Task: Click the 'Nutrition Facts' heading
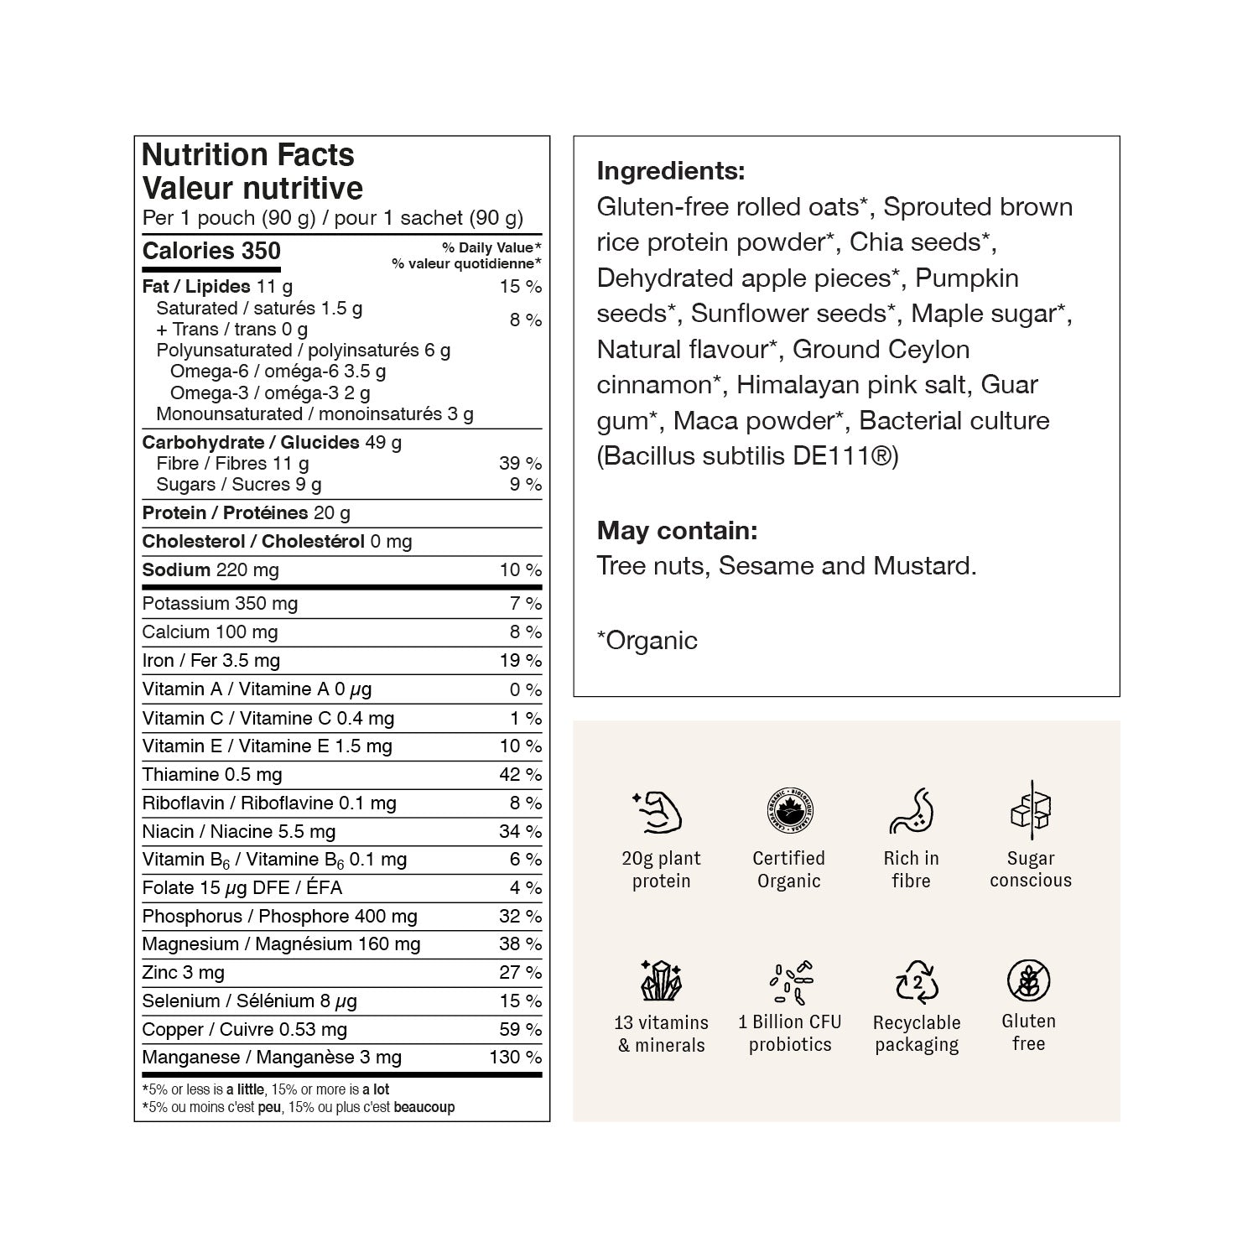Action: (248, 155)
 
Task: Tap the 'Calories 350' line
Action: (211, 251)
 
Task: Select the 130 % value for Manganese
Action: (515, 1058)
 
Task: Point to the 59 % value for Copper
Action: (520, 1029)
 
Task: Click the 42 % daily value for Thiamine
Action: (520, 774)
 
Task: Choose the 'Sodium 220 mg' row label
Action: (211, 570)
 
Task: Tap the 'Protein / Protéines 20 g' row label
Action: (246, 513)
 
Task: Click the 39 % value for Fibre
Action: (520, 463)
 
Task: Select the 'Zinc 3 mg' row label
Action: (183, 973)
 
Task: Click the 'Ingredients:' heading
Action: (670, 171)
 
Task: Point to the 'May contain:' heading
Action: (677, 530)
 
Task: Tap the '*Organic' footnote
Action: (647, 641)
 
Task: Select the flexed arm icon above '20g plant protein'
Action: (657, 812)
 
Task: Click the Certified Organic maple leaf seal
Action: (788, 811)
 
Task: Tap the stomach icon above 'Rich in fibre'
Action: (911, 811)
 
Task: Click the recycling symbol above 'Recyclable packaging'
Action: (917, 981)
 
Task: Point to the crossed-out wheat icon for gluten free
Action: (1028, 980)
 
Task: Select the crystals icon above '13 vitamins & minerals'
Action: (661, 980)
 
